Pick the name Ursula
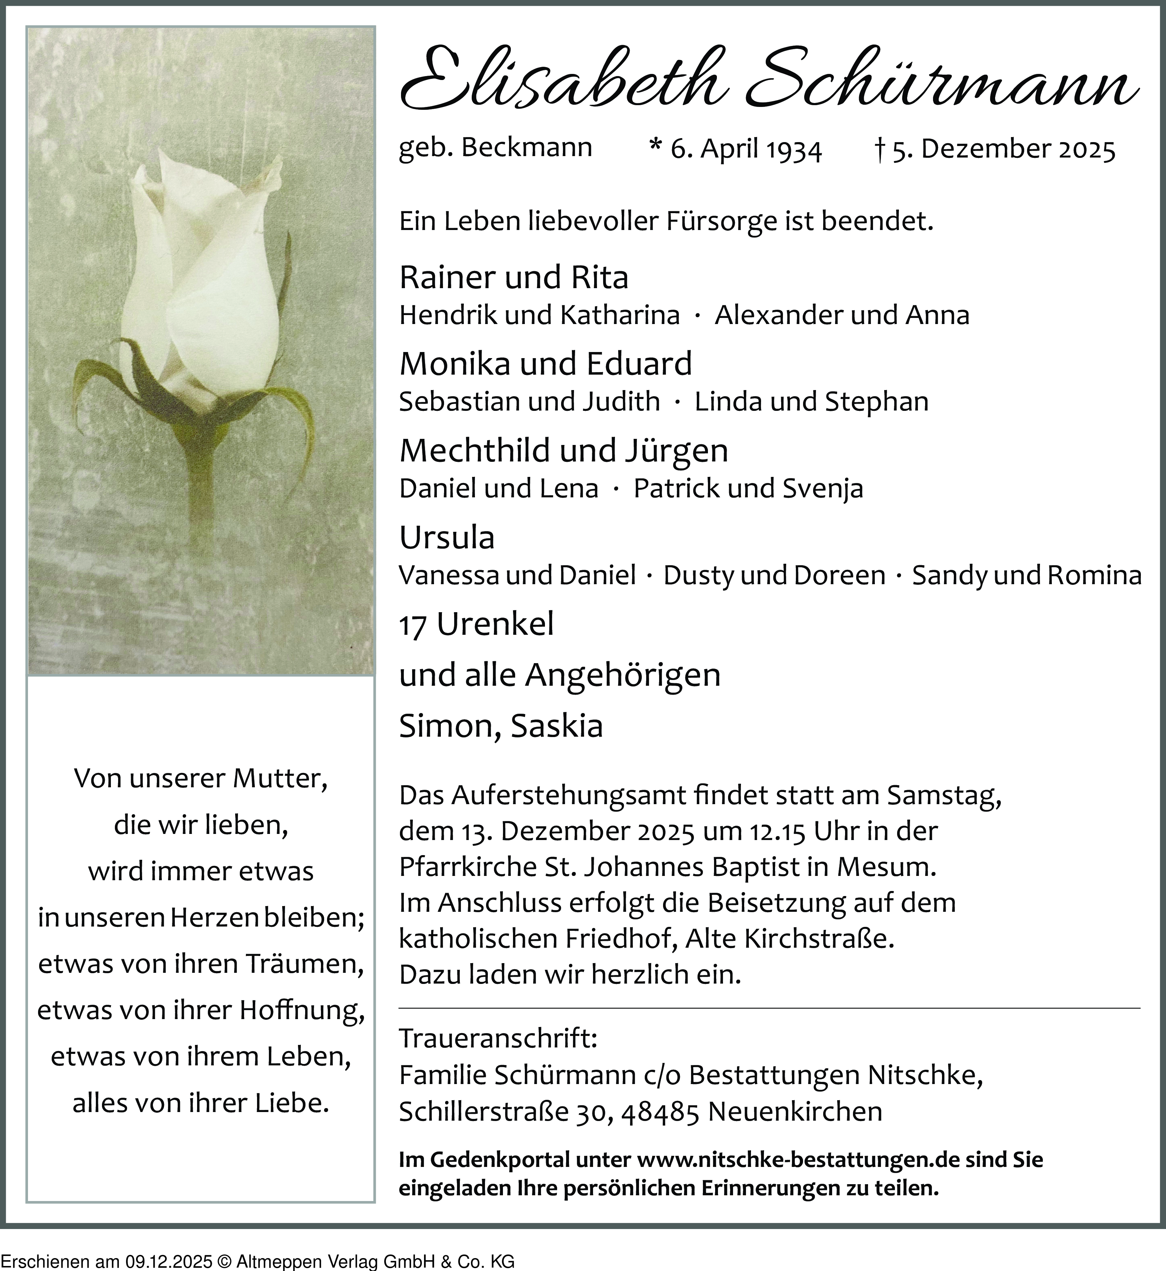coord(447,538)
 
